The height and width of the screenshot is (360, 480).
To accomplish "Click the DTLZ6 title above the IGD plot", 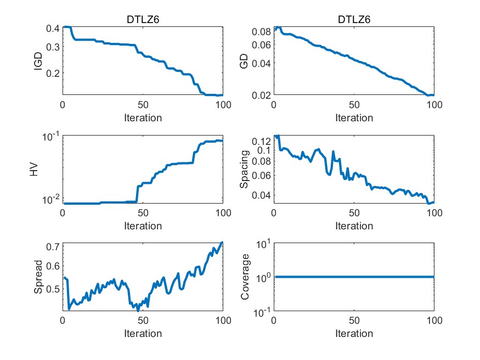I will tap(143, 20).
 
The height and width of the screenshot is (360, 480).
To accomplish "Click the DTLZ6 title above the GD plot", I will tap(354, 20).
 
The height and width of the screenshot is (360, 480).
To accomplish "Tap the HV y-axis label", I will tap(34, 169).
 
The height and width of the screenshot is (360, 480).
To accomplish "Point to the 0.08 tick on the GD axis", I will tap(261, 32).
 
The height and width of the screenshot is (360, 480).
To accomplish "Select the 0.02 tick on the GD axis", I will tap(261, 95).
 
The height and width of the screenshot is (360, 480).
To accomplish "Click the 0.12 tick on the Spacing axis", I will tap(261, 141).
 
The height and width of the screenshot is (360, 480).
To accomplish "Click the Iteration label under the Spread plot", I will tap(143, 334).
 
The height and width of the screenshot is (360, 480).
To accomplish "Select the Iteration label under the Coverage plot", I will tap(354, 334).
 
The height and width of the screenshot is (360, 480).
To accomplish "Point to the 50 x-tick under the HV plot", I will tap(143, 213).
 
